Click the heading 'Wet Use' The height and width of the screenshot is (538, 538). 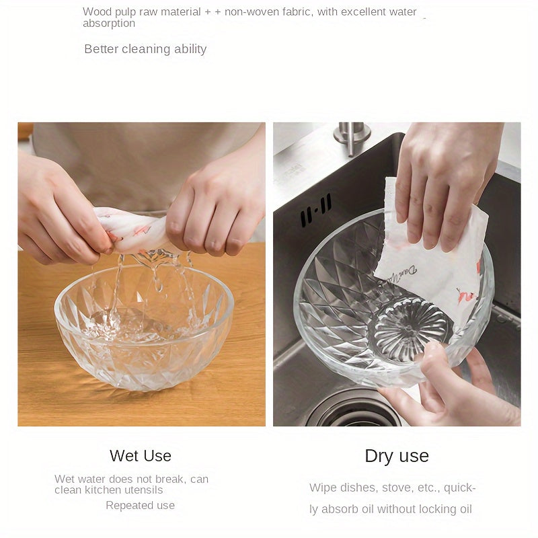click(141, 456)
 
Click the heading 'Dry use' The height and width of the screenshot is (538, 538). click(397, 457)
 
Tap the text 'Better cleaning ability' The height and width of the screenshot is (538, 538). click(145, 49)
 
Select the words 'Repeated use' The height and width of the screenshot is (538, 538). click(140, 506)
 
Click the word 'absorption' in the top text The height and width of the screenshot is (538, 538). click(109, 24)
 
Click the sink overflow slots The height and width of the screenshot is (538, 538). click(316, 210)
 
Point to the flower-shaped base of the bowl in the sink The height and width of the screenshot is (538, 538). click(410, 330)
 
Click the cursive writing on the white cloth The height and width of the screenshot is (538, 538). click(401, 273)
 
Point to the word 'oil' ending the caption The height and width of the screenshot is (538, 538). click(465, 509)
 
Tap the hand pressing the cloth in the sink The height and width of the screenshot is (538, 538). click(446, 182)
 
